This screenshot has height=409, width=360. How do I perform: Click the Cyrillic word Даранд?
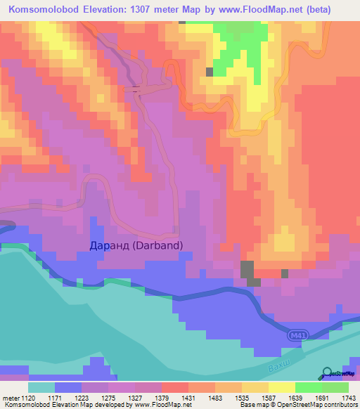(x=110, y=245)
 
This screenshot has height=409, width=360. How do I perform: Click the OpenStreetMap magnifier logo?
(x=328, y=373)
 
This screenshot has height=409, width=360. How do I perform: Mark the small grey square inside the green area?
(x=210, y=72)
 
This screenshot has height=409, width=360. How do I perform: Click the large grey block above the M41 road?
(x=247, y=270)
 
